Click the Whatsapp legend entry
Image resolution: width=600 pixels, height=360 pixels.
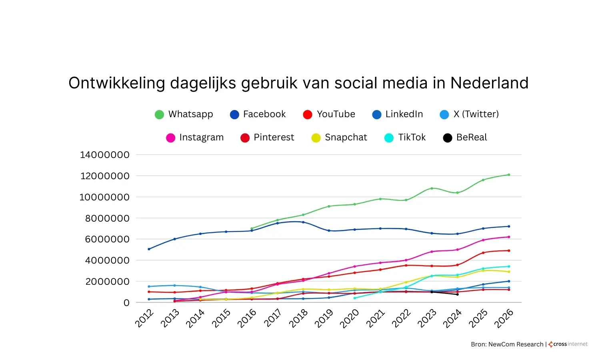pos(184,114)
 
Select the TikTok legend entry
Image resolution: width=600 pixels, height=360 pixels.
pos(405,138)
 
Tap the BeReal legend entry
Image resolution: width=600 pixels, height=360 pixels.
pos(465,138)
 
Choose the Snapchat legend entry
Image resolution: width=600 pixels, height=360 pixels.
pos(339,138)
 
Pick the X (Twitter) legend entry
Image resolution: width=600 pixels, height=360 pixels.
pos(469,114)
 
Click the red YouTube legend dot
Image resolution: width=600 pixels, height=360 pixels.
pos(308,115)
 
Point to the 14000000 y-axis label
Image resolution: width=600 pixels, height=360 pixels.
pos(105,155)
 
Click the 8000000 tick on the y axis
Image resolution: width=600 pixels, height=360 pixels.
pos(107,218)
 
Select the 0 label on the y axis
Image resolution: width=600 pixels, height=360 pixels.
pos(126,303)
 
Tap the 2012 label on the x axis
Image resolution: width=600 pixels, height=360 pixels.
pos(144,318)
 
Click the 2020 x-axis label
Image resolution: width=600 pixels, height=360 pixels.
pos(350,319)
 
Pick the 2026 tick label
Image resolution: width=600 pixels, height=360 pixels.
pos(504,319)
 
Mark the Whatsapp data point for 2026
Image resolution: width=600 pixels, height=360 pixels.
pos(509,175)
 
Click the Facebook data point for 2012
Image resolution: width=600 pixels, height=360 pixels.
pos(149,249)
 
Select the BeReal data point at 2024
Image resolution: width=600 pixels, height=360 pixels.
pos(458,294)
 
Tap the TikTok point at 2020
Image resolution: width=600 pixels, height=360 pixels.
pos(355,298)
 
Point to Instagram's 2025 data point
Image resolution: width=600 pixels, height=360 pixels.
pos(483,240)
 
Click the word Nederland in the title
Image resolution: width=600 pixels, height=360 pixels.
pos(489,83)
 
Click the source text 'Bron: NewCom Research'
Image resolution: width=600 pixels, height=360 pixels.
pos(507,344)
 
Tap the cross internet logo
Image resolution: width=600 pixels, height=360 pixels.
pos(568,344)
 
